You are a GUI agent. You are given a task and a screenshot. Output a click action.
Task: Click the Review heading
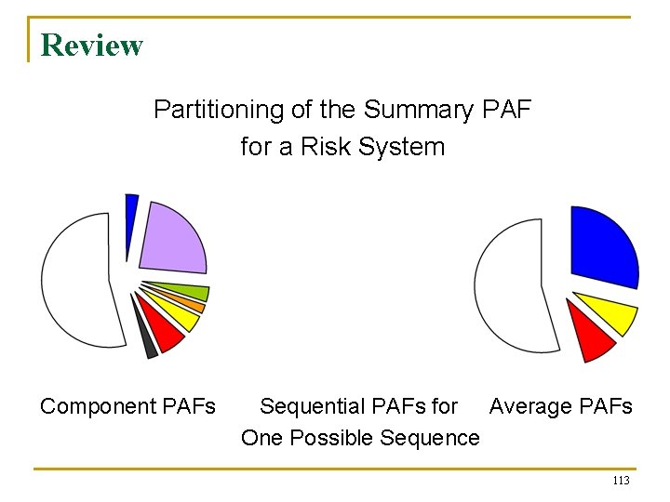point(92,45)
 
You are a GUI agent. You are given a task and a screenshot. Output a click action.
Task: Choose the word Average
point(528,406)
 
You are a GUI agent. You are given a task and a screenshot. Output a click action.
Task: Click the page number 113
point(621,481)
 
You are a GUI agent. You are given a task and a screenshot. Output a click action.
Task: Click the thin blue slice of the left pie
point(131,218)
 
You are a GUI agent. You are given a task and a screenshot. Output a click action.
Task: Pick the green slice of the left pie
point(186,292)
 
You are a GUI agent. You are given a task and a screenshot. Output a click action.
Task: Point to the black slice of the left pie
point(147,345)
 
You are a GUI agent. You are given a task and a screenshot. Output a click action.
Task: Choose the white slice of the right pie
point(512,284)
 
